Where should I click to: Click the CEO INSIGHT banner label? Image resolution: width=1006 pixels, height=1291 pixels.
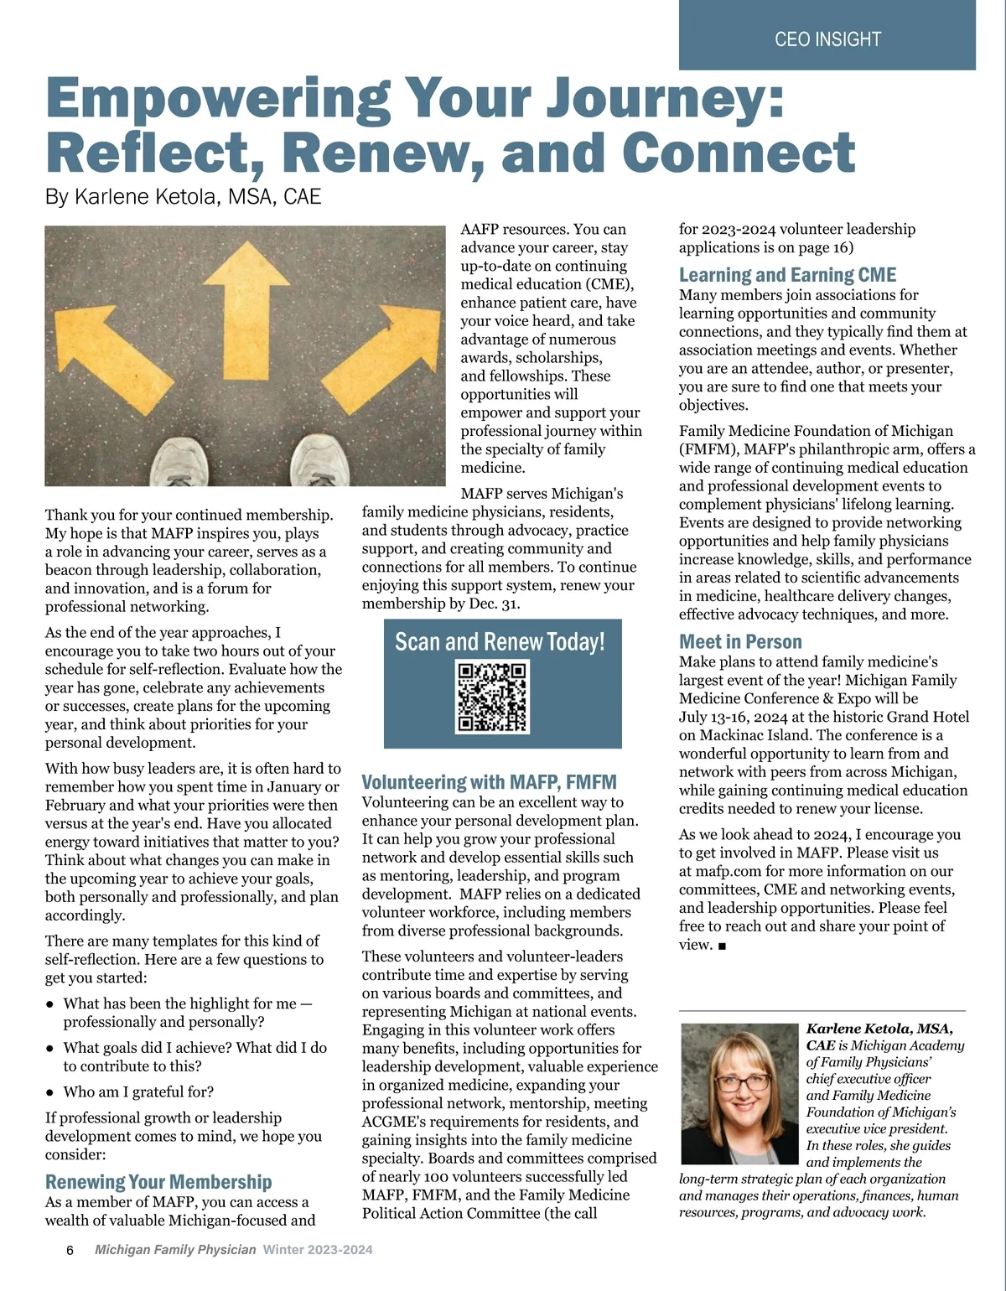[x=827, y=39]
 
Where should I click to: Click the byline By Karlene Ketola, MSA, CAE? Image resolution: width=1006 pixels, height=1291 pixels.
[x=183, y=197]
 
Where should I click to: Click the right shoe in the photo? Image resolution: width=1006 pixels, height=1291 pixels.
[x=323, y=460]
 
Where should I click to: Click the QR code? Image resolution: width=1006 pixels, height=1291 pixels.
[x=492, y=697]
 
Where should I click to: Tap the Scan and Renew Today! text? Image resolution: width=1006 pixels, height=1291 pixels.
[x=500, y=643]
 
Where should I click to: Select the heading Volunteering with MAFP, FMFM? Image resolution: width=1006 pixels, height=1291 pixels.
[x=489, y=782]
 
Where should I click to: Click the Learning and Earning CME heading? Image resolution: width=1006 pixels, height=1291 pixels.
[x=787, y=275]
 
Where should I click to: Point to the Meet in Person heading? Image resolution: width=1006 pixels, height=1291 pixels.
[x=740, y=642]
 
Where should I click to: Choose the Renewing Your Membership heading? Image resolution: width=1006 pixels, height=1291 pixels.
[x=158, y=1182]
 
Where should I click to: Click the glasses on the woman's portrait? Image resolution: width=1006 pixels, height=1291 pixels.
[x=741, y=1082]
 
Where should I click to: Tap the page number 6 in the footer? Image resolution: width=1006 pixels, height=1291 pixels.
[x=70, y=1250]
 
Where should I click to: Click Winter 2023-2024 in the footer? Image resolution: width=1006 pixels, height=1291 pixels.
[x=318, y=1250]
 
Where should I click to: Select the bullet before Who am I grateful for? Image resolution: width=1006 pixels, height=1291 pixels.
[x=50, y=1093]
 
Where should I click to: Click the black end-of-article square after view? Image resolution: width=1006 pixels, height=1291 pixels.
[x=723, y=946]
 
